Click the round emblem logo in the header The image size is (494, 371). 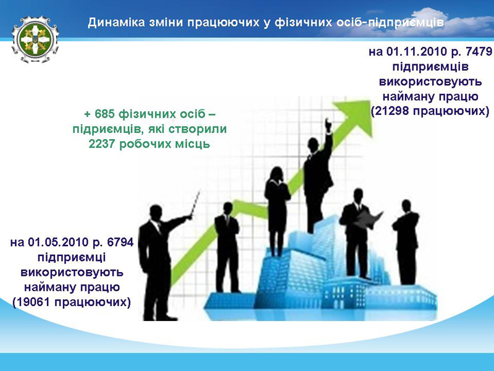35,40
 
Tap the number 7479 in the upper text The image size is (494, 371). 479,51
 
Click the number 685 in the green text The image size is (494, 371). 104,114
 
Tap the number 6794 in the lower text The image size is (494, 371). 120,242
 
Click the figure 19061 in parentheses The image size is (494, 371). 34,302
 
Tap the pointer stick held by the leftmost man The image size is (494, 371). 195,203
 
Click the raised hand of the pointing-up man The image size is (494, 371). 328,126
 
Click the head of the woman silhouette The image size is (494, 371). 277,174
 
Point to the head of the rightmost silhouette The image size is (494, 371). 406,206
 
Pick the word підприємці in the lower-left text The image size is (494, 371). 72,257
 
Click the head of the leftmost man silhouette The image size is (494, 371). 156,213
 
